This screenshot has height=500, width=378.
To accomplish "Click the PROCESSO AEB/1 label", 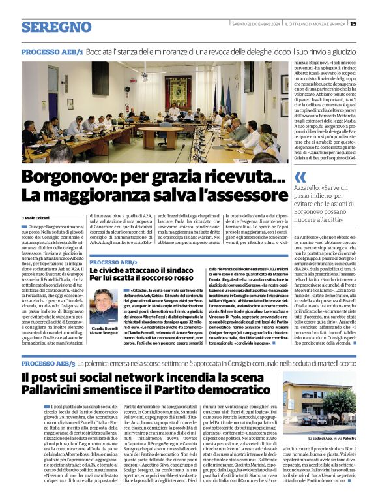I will point(52,52).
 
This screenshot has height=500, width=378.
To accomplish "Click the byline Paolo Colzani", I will point(39,217).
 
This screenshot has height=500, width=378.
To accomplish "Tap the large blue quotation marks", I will point(300,177).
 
